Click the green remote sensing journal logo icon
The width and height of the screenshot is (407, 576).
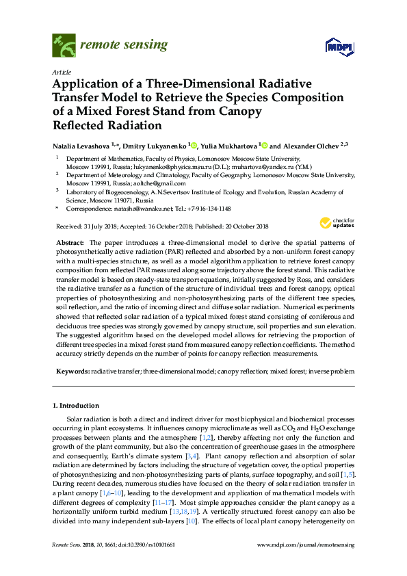point(64,46)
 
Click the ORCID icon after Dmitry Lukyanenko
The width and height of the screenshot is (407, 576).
point(194,146)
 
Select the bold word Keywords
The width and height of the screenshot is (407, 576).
point(72,371)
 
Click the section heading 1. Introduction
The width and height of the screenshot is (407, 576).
point(76,406)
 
